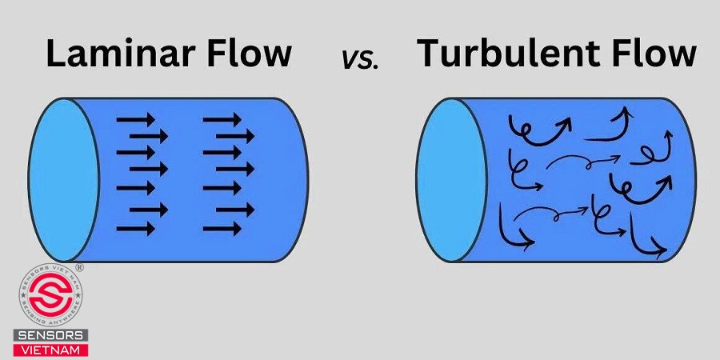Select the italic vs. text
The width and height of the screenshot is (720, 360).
(x=360, y=58)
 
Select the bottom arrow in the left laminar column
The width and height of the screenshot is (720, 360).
(x=136, y=229)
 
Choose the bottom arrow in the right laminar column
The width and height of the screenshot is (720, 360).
(x=222, y=229)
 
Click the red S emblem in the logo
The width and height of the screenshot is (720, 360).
(x=50, y=298)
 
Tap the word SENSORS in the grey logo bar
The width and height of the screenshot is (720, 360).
(x=50, y=334)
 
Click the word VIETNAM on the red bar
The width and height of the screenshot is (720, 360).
(x=50, y=349)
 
